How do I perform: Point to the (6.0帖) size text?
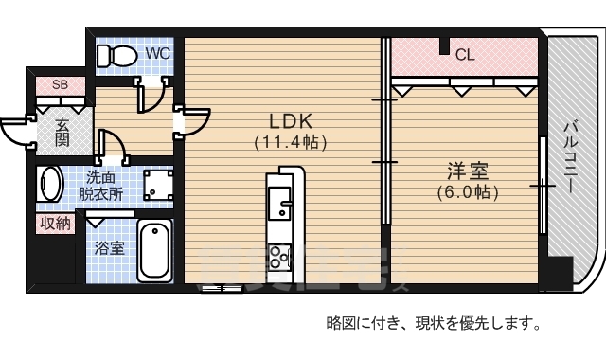(468, 191)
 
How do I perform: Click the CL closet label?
(464, 55)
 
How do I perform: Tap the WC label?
(157, 54)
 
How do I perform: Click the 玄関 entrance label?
(62, 132)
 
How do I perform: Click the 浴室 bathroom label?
(109, 248)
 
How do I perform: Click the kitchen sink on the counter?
(281, 203)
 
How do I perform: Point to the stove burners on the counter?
(281, 255)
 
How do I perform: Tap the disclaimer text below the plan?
(433, 324)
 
